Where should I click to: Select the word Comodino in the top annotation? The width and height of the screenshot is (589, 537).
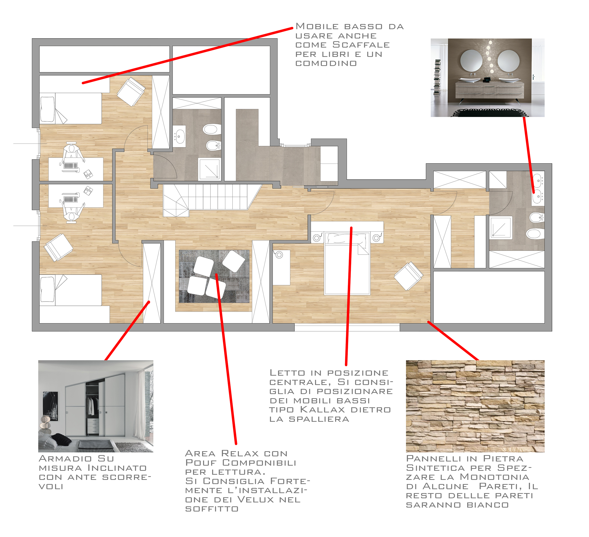(x=326, y=64)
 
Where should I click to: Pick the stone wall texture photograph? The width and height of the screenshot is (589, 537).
(x=475, y=406)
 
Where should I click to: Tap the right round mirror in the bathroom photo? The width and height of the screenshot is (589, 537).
(x=508, y=61)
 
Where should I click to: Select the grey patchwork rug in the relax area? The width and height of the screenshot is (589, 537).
(x=214, y=276)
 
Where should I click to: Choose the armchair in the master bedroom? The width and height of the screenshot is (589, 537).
(x=408, y=276)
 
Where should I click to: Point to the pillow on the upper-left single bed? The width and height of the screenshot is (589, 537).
(x=47, y=109)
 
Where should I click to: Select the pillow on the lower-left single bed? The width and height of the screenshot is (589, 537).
(x=47, y=289)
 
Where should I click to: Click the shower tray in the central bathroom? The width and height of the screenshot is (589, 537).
(x=209, y=169)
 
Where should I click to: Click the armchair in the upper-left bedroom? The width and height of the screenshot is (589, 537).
(x=131, y=91)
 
